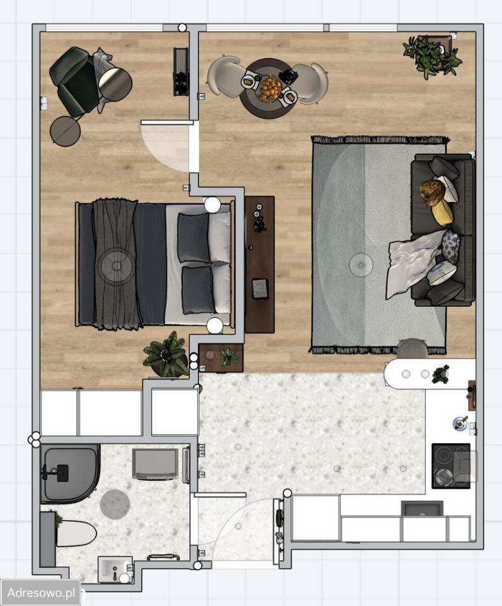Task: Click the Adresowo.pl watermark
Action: click(40, 592)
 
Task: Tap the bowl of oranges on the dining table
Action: click(270, 88)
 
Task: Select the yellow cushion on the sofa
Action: click(443, 213)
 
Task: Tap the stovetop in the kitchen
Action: click(451, 466)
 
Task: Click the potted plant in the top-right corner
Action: click(433, 56)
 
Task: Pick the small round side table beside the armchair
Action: click(65, 131)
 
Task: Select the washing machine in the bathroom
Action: click(155, 464)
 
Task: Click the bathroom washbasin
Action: click(115, 569)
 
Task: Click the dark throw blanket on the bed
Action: click(115, 264)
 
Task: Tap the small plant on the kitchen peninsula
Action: click(441, 374)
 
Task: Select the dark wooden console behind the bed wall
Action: click(259, 264)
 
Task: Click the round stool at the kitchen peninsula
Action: click(412, 348)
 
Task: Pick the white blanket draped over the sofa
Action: click(412, 262)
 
